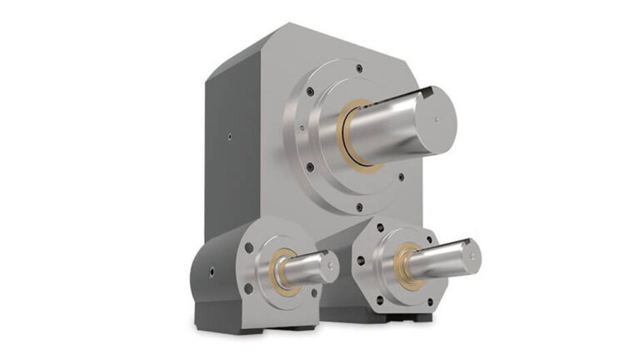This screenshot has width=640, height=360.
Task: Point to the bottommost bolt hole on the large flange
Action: coord(359,207)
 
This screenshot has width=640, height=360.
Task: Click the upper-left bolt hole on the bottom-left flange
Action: coord(251,243)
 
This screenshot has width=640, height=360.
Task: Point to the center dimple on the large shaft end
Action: coord(437,118)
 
